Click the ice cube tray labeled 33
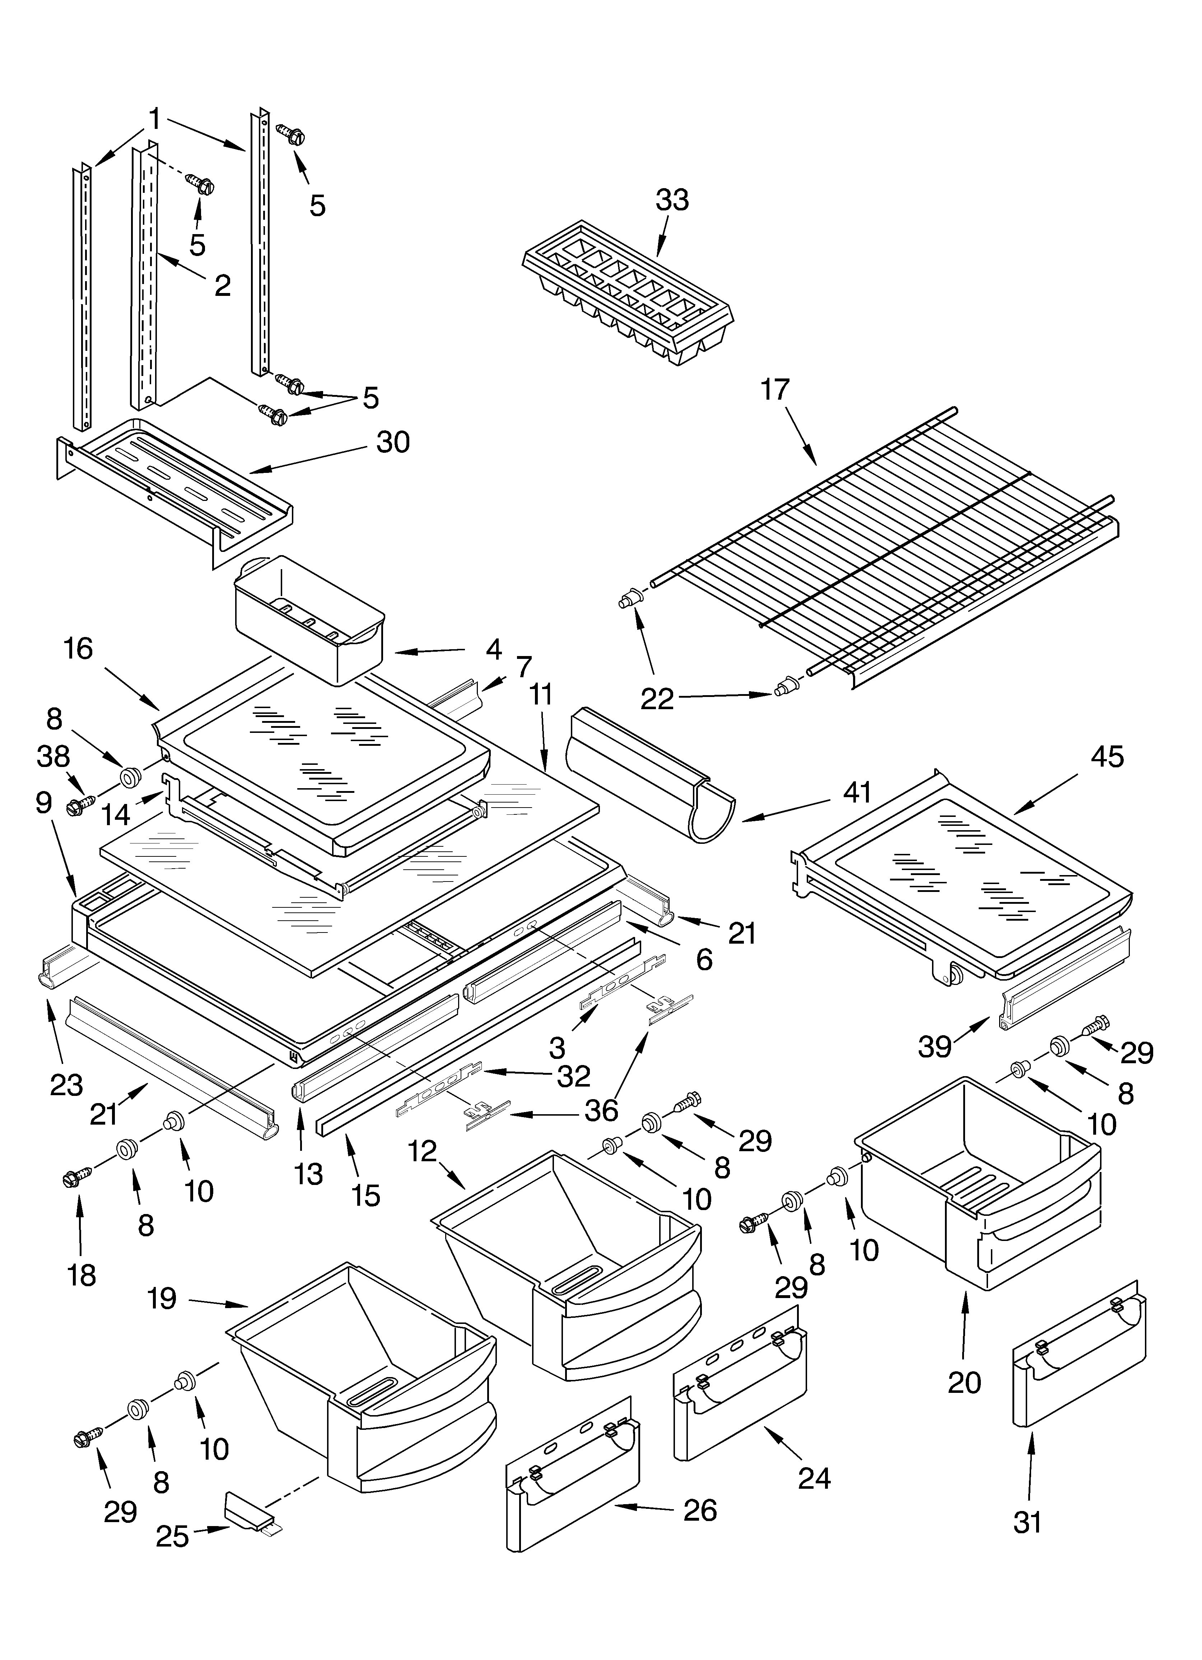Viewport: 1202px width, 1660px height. (628, 293)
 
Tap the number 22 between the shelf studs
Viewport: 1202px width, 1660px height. (657, 699)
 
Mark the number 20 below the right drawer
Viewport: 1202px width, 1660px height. (963, 1382)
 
